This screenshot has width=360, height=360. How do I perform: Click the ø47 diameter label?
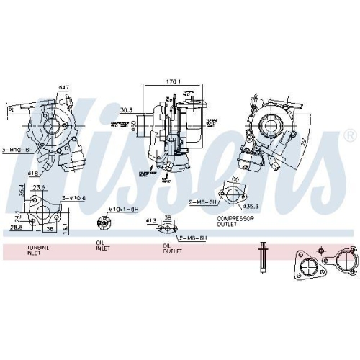pos(63,88)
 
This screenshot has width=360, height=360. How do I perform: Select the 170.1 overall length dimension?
pos(172,82)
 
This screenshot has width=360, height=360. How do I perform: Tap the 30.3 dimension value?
pos(127,110)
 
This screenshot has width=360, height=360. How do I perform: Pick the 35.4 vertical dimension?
pos(22,193)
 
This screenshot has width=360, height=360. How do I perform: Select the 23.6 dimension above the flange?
pos(39,188)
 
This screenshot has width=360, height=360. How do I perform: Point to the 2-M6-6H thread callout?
pos(193,237)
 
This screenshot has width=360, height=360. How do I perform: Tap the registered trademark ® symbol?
pos(349,135)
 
